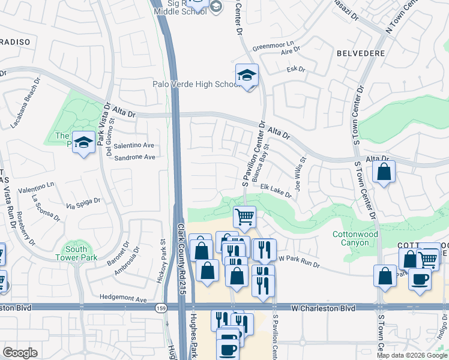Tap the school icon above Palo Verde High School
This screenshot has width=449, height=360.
(246, 76)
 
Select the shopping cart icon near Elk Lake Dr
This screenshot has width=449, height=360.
(244, 217)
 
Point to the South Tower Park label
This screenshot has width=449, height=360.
(76, 253)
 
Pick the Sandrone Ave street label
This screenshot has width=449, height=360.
(134, 157)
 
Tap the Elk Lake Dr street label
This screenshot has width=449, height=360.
(276, 191)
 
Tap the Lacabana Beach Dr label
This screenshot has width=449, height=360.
(25, 103)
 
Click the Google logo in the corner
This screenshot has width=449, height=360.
(20, 352)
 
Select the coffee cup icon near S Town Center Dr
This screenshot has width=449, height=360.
(420, 278)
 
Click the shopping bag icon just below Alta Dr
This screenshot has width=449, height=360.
(384, 172)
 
